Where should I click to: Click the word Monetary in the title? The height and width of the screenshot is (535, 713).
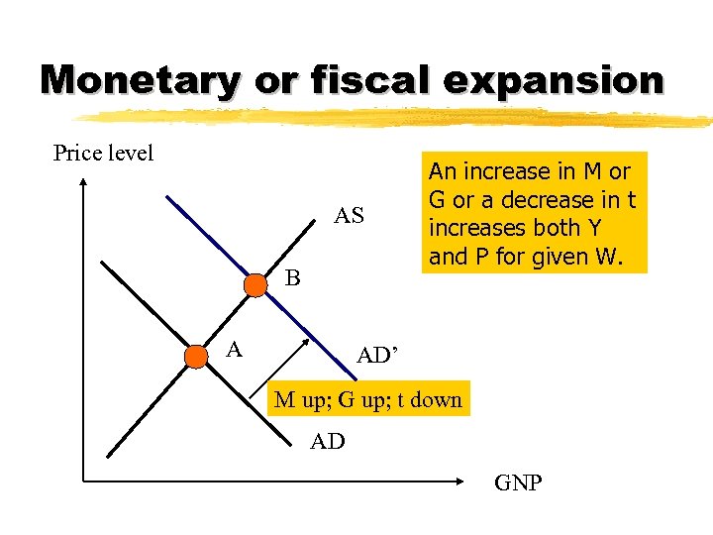pos(140,79)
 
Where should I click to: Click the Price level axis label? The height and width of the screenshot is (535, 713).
pos(103,154)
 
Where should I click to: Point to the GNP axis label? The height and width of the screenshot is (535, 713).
pos(517,482)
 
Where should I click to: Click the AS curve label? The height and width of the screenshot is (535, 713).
pos(349,216)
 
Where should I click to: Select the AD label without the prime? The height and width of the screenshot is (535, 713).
pos(327,442)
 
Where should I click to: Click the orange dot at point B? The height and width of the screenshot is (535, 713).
pos(255,286)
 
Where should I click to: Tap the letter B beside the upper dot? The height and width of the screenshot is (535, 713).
pos(292,278)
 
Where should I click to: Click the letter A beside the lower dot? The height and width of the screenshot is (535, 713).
pos(235,348)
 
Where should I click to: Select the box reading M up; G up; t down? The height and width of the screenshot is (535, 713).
pos(367,400)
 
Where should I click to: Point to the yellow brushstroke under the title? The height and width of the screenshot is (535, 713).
pos(396,118)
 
